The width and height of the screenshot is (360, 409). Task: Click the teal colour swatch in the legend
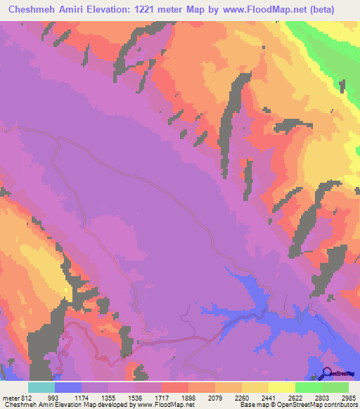[x=41, y=387]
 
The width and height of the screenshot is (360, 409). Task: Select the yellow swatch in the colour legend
[x=281, y=387]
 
